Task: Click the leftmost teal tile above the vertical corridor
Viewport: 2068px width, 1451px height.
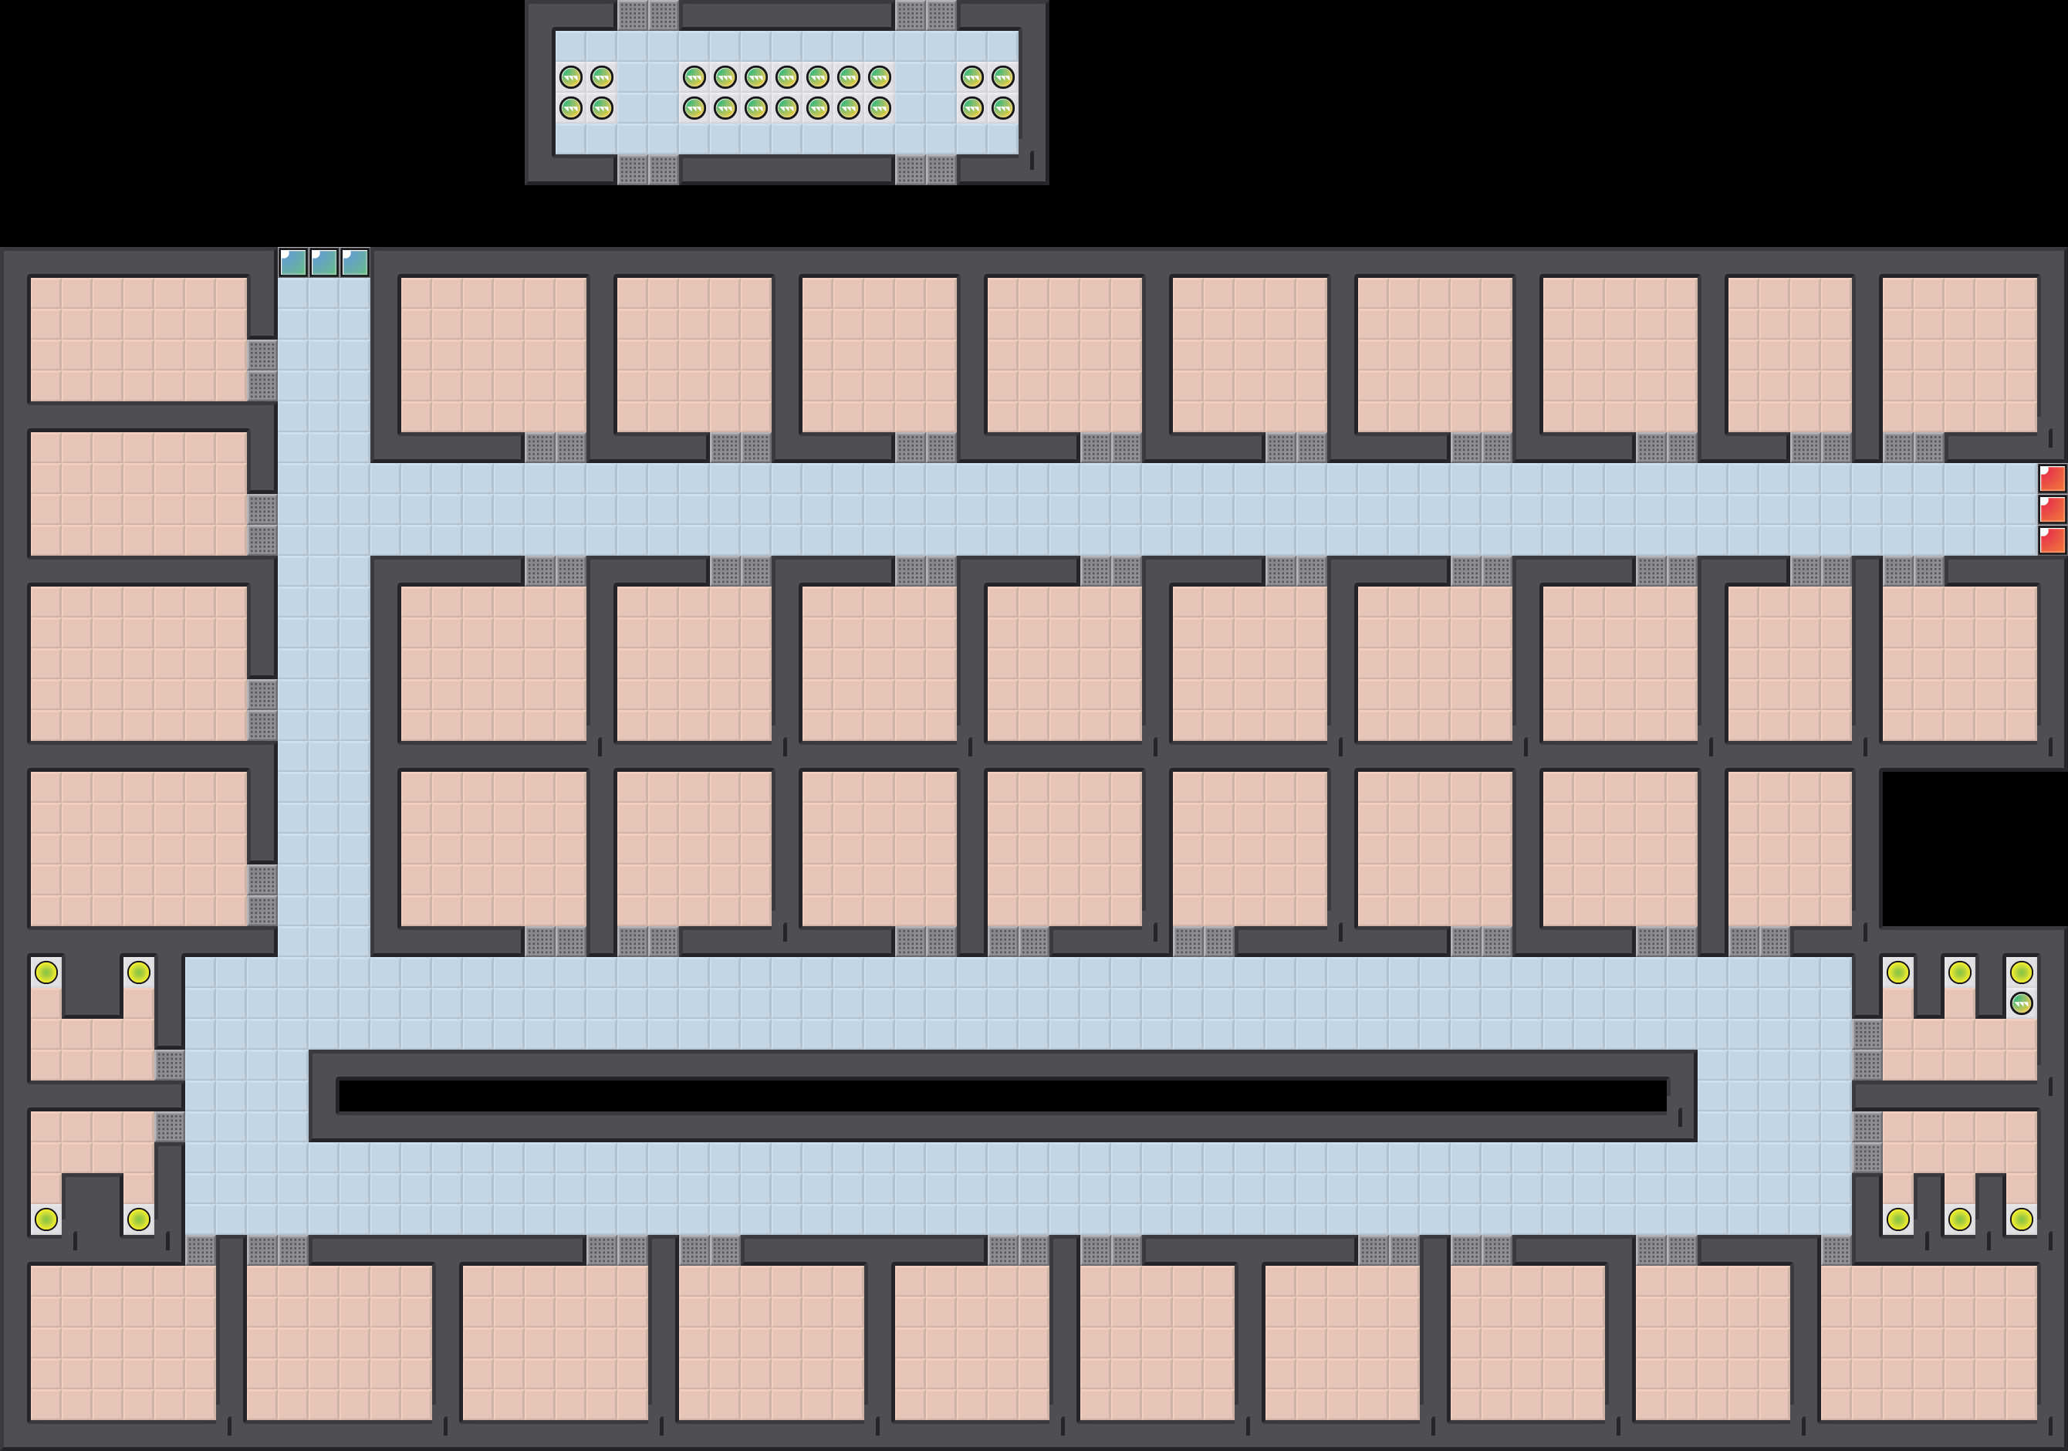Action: tap(292, 263)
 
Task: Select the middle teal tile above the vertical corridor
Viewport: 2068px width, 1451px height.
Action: tap(323, 263)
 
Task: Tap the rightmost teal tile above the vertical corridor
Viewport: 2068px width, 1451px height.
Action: tap(355, 263)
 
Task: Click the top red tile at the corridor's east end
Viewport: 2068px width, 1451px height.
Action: tap(2052, 479)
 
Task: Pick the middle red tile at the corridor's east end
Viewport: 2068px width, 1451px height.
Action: tap(2052, 509)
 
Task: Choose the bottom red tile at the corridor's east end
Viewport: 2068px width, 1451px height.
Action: tap(2052, 540)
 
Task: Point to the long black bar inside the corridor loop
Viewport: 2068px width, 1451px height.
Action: tap(1002, 1096)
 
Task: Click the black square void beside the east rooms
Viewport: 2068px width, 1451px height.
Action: tap(1972, 847)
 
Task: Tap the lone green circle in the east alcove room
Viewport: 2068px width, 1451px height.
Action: tap(2021, 1003)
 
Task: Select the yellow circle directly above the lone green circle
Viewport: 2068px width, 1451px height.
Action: tap(2021, 972)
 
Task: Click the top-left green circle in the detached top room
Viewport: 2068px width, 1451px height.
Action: tap(571, 77)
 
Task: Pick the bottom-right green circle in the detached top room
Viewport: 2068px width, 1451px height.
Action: tap(1002, 109)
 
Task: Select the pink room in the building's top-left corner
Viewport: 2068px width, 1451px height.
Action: tap(138, 339)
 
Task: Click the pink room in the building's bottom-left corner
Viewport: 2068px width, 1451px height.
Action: tap(123, 1341)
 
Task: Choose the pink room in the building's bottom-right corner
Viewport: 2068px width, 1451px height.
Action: tap(1928, 1341)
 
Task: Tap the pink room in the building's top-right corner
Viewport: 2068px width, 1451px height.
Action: tap(1959, 354)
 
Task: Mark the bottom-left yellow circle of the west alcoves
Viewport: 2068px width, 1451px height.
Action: tap(46, 1219)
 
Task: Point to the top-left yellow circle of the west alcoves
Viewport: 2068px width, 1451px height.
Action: tap(46, 972)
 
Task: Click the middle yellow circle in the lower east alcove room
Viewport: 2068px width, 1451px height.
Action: tap(1960, 1219)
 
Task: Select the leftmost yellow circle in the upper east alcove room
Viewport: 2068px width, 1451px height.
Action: tap(1897, 972)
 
